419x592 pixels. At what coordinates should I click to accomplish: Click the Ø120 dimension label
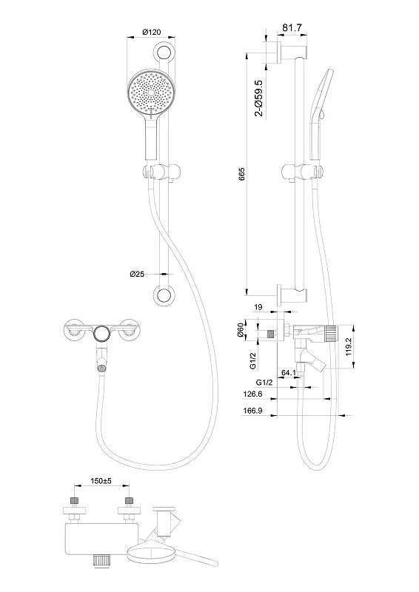pyautogui.click(x=151, y=32)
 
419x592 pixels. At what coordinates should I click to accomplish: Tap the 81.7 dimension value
pyautogui.click(x=292, y=27)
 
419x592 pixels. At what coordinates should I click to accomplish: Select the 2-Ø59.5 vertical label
pyautogui.click(x=259, y=98)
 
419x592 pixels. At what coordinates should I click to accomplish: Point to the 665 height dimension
pyautogui.click(x=242, y=174)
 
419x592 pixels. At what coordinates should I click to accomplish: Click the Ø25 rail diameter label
pyautogui.click(x=137, y=274)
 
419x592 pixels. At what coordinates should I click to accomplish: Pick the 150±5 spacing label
pyautogui.click(x=101, y=481)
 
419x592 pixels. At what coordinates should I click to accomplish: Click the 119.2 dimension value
pyautogui.click(x=349, y=346)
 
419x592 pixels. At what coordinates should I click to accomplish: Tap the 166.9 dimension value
pyautogui.click(x=252, y=411)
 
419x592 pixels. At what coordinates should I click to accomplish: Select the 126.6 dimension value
pyautogui.click(x=252, y=394)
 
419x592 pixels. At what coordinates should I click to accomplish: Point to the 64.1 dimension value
pyautogui.click(x=289, y=373)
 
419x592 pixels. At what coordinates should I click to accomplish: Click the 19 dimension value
pyautogui.click(x=258, y=307)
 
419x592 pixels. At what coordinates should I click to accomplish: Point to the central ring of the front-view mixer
pyautogui.click(x=101, y=333)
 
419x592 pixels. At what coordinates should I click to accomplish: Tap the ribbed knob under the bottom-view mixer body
pyautogui.click(x=101, y=560)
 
